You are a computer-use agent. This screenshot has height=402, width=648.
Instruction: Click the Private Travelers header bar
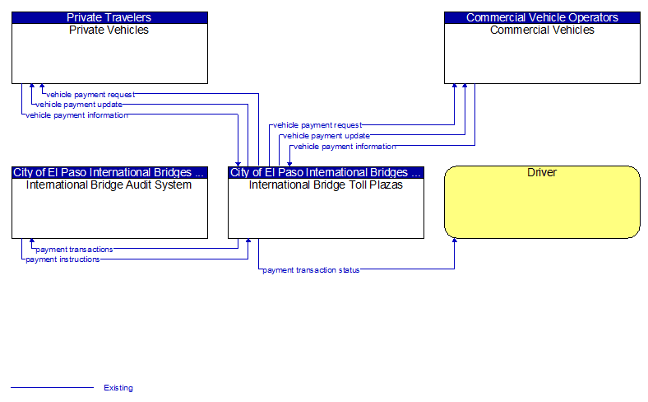tap(109, 17)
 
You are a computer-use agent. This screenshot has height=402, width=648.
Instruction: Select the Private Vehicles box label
tap(109, 30)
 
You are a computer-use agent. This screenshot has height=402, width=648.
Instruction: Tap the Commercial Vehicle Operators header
tap(542, 17)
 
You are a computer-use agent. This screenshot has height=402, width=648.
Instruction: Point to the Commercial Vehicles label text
tap(542, 30)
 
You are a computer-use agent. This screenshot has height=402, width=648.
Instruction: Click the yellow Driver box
tap(542, 202)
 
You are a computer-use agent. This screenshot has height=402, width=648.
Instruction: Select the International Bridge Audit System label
tap(109, 185)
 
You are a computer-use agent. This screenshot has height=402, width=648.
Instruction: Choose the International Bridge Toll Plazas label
tap(326, 185)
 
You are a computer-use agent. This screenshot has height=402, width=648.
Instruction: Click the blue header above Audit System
tap(109, 172)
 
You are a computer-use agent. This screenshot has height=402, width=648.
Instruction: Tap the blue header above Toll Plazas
tap(326, 172)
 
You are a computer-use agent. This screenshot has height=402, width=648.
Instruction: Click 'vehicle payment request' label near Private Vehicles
tap(90, 95)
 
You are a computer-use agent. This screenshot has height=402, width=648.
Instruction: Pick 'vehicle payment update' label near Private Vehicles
tap(79, 105)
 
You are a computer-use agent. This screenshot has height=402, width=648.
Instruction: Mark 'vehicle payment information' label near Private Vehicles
tap(76, 115)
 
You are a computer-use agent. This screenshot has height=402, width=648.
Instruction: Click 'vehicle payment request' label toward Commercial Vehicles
tap(317, 125)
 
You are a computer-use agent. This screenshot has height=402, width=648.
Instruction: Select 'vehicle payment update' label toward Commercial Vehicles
tap(326, 136)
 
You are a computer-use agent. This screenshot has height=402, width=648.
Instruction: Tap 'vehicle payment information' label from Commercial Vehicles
tap(345, 146)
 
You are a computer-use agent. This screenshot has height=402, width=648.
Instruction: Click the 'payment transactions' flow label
tap(74, 250)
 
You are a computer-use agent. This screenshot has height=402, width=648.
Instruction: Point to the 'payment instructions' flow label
tap(62, 259)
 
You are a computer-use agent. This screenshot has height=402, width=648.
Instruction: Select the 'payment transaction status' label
tap(311, 270)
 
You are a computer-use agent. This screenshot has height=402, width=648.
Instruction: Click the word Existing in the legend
tap(118, 388)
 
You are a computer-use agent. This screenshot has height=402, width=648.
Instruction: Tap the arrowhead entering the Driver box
tap(455, 241)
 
